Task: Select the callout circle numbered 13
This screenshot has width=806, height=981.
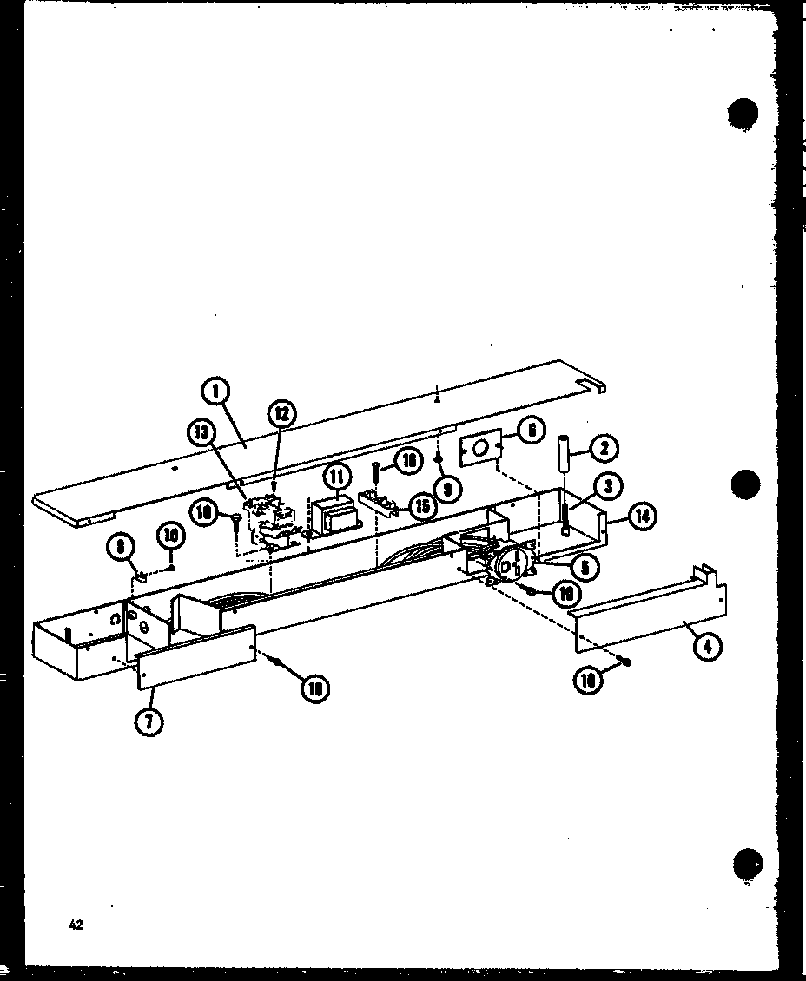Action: coord(201,433)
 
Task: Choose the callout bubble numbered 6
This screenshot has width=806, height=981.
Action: coord(532,430)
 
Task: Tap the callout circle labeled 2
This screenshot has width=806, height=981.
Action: coord(604,449)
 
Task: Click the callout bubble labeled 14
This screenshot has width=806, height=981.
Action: coord(642,517)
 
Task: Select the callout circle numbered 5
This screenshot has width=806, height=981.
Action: coord(585,567)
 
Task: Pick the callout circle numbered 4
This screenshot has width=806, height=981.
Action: coord(710,645)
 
